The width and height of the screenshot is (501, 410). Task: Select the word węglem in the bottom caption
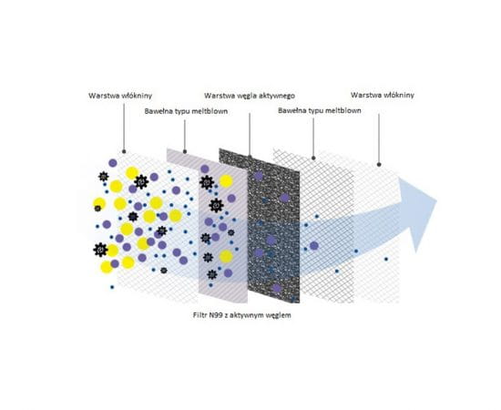coord(280,315)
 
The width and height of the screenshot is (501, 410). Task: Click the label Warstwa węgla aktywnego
coord(250,96)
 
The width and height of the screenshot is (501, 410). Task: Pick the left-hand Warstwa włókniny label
coord(120,96)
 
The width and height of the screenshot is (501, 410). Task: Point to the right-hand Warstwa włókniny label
coord(383,95)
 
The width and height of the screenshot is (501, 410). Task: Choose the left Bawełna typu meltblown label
coord(186,111)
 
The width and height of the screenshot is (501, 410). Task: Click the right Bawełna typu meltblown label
coord(320,110)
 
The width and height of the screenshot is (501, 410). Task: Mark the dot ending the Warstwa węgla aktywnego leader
coord(250,157)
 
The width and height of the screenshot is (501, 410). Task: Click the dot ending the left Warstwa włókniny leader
coord(124,151)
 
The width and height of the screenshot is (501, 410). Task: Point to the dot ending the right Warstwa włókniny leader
coord(379,165)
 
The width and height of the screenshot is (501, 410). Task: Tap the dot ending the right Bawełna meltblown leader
coord(313,158)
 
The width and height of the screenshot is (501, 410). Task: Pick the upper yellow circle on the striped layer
coord(226,181)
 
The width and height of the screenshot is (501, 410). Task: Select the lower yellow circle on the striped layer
coord(226,257)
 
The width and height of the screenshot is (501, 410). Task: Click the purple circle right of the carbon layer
coord(314,246)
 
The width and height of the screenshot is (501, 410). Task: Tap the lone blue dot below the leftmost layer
coord(112,287)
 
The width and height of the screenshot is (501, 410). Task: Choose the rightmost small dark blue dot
coord(386,259)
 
